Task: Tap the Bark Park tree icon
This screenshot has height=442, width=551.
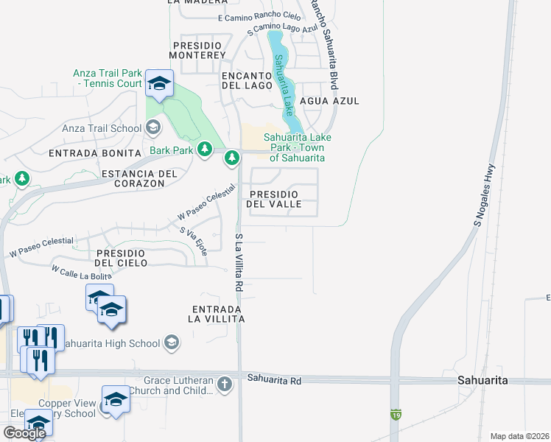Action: coord(204,150)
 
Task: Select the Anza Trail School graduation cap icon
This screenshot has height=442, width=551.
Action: coord(152,129)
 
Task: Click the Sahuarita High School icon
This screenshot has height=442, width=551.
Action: coord(171,343)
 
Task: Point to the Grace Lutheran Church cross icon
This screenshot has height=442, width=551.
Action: coord(225,384)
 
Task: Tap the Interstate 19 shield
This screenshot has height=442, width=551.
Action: coord(396,414)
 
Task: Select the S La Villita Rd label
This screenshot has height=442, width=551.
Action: coord(239,262)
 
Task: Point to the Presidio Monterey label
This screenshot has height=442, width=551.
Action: coord(197,50)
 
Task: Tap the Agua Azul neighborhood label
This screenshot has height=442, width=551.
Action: coord(337,100)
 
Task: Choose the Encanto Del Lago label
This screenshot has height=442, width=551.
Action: coord(248,80)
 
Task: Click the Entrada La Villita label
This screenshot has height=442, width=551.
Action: coord(217,314)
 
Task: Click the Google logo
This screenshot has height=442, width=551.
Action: coord(24,432)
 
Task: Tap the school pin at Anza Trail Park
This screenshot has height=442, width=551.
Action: coord(158,84)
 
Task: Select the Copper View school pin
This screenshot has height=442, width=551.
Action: coord(116,400)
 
